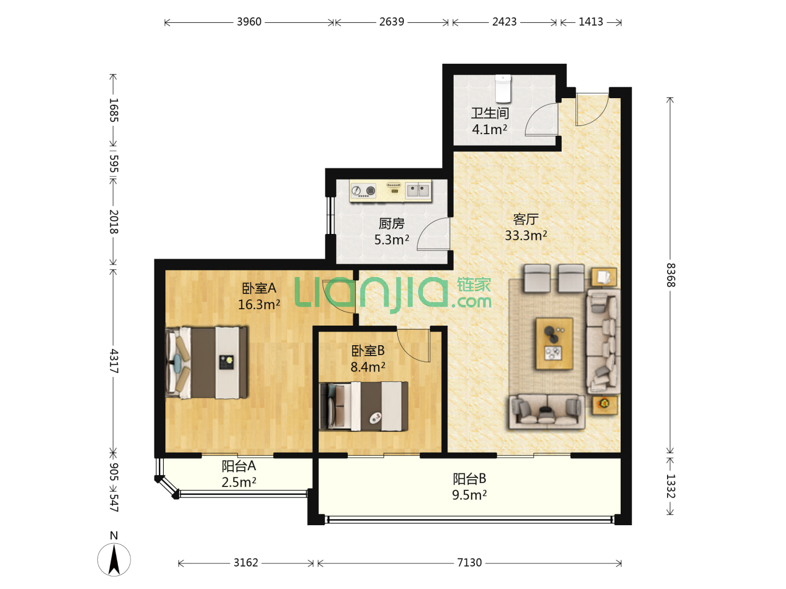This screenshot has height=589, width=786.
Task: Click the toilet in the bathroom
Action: tap(503, 88)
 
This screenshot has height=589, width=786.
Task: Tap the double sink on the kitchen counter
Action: tap(418, 190)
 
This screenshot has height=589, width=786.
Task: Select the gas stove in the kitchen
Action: tap(363, 191)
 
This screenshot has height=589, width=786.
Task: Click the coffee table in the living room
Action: tap(554, 344)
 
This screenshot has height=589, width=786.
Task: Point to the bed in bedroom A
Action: tap(206, 362)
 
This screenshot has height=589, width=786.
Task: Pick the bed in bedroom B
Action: tap(364, 406)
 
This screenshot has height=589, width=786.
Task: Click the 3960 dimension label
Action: tap(249, 22)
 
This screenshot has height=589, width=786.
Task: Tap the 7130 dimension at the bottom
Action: tap(469, 562)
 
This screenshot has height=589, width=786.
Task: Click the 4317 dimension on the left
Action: tap(114, 361)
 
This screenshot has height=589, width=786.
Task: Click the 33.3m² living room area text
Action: tap(526, 235)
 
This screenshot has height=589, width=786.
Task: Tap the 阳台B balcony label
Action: tap(469, 478)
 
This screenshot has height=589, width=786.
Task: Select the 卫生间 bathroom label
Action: tap(490, 113)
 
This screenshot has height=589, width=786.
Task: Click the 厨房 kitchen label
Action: tap(391, 224)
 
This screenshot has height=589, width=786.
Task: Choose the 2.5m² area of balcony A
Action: tap(239, 482)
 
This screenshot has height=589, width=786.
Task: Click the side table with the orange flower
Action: tap(604, 405)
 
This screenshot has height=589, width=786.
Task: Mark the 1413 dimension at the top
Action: tap(591, 22)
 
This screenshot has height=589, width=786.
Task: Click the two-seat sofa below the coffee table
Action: tap(547, 412)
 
